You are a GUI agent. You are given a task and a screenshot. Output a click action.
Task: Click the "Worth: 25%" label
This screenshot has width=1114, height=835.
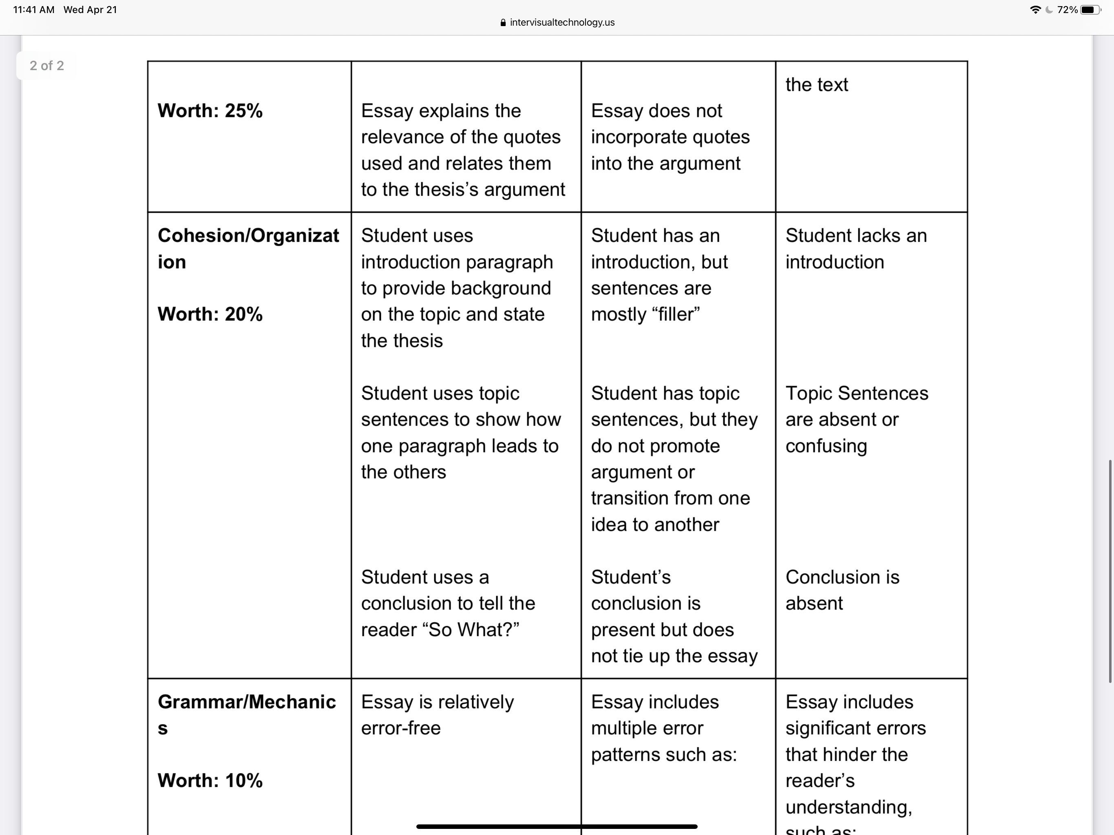point(210,111)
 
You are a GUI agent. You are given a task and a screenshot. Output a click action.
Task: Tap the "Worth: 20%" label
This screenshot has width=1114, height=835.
point(210,314)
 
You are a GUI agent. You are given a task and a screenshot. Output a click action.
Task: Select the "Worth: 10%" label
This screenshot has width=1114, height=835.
point(210,781)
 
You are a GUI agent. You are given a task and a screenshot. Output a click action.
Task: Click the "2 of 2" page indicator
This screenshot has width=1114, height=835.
point(47,66)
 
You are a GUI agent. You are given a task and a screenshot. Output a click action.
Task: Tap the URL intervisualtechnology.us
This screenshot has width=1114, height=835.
point(562,22)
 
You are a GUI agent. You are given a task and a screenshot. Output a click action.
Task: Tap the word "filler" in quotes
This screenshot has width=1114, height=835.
point(675,314)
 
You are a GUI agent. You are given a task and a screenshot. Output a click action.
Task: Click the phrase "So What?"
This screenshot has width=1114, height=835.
point(473,630)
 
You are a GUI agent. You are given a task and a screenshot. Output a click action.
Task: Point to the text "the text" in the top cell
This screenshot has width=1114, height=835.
point(816,85)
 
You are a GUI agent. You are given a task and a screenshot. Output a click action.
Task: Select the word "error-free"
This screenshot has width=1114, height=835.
point(401,728)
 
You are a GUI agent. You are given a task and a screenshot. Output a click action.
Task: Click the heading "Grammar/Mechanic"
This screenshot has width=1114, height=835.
point(246,702)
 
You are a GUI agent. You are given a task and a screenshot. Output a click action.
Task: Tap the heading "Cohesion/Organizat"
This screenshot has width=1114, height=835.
point(248,236)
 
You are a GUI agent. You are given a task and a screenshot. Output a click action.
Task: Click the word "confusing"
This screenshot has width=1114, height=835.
point(826,446)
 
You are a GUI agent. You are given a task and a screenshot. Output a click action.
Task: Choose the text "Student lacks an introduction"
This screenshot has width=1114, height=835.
point(855,249)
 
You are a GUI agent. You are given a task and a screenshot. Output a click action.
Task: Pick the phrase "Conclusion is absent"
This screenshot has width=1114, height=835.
point(842,590)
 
